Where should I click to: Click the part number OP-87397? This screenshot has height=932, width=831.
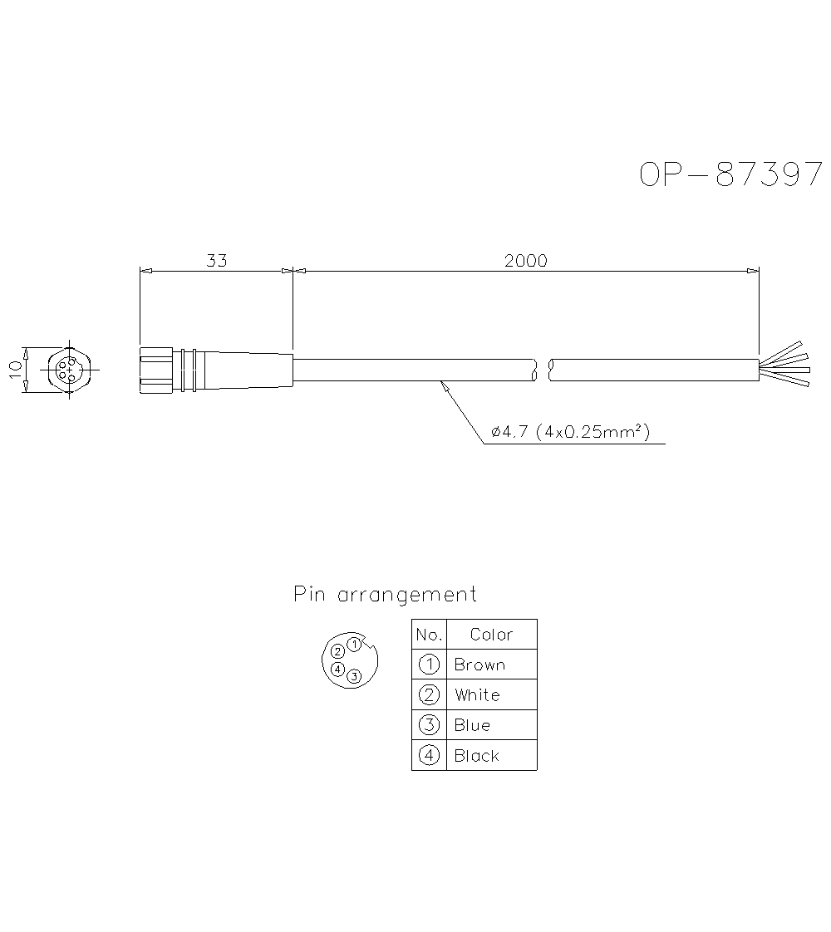(731, 174)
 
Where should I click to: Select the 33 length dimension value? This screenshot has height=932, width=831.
(216, 260)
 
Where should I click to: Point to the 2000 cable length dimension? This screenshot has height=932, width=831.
(525, 260)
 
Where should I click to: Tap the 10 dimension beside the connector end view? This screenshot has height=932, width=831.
(16, 369)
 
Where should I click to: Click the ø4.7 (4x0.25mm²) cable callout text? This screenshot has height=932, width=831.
(570, 431)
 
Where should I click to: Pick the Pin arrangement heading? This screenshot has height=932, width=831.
(386, 595)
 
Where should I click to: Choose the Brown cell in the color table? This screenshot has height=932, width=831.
(479, 665)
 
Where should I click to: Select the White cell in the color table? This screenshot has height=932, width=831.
(477, 694)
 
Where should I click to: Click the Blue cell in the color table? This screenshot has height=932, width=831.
(472, 725)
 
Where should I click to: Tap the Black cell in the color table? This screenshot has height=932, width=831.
(477, 755)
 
